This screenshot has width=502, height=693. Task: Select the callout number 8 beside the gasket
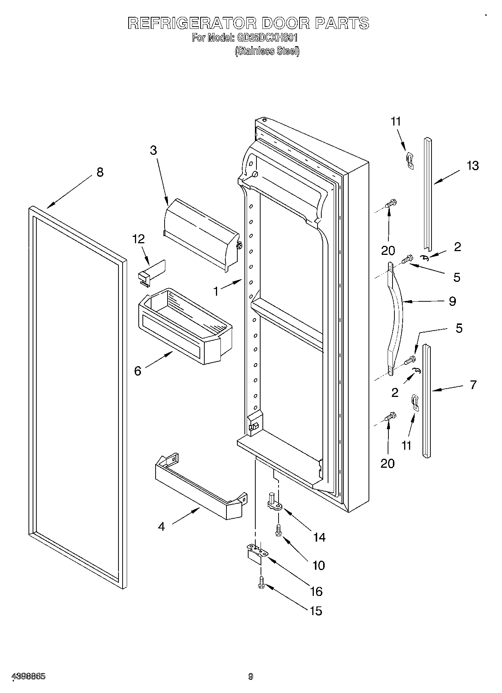click(100, 172)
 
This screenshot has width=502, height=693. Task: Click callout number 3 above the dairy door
click(153, 150)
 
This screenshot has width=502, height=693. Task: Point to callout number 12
click(139, 239)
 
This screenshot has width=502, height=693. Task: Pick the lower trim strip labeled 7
click(427, 401)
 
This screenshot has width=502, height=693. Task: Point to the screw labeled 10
click(278, 530)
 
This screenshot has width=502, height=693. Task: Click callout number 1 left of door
click(216, 291)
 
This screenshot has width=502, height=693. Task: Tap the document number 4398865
click(29, 677)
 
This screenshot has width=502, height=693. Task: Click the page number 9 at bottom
click(250, 677)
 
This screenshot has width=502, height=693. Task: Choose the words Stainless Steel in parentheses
click(267, 51)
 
